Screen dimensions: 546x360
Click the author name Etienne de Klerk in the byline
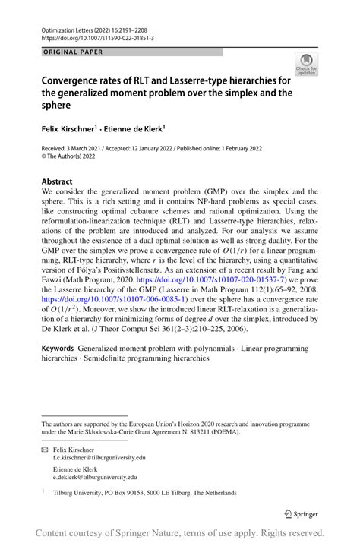(135, 129)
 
